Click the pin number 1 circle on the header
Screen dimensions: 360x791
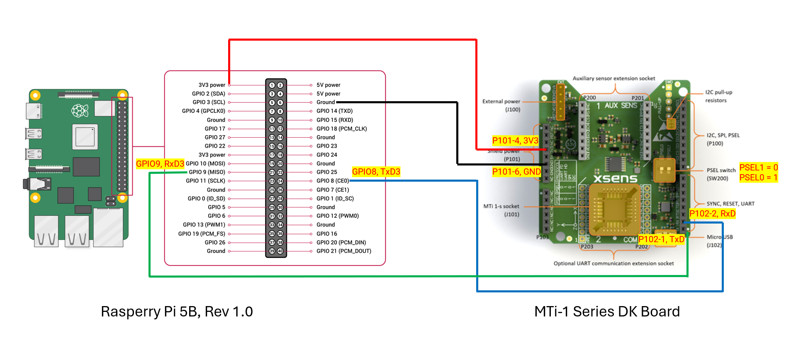tap(272, 85)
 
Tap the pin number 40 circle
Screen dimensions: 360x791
tap(280, 251)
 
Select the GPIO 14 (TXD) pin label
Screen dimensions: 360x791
tap(334, 111)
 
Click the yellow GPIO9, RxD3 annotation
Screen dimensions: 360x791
tap(160, 164)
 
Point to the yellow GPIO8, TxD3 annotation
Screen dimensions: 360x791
tap(376, 172)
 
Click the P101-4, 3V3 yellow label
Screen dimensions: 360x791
tap(515, 141)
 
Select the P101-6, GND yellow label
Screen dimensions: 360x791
tap(516, 172)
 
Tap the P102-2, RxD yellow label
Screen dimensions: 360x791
tap(712, 214)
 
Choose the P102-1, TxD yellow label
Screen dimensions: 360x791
tap(661, 239)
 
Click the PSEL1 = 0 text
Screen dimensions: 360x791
tap(758, 168)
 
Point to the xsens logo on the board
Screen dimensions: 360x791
tap(615, 179)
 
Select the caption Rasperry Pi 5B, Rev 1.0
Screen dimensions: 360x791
tap(177, 311)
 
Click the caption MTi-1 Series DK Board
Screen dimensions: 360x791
tap(607, 311)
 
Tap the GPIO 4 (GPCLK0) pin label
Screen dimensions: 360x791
tap(203, 111)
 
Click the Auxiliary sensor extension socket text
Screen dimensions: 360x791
tap(613, 78)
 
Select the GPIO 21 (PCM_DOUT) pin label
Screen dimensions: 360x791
tap(343, 251)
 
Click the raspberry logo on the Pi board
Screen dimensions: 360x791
tap(80, 110)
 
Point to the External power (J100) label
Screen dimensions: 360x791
tap(501, 105)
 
